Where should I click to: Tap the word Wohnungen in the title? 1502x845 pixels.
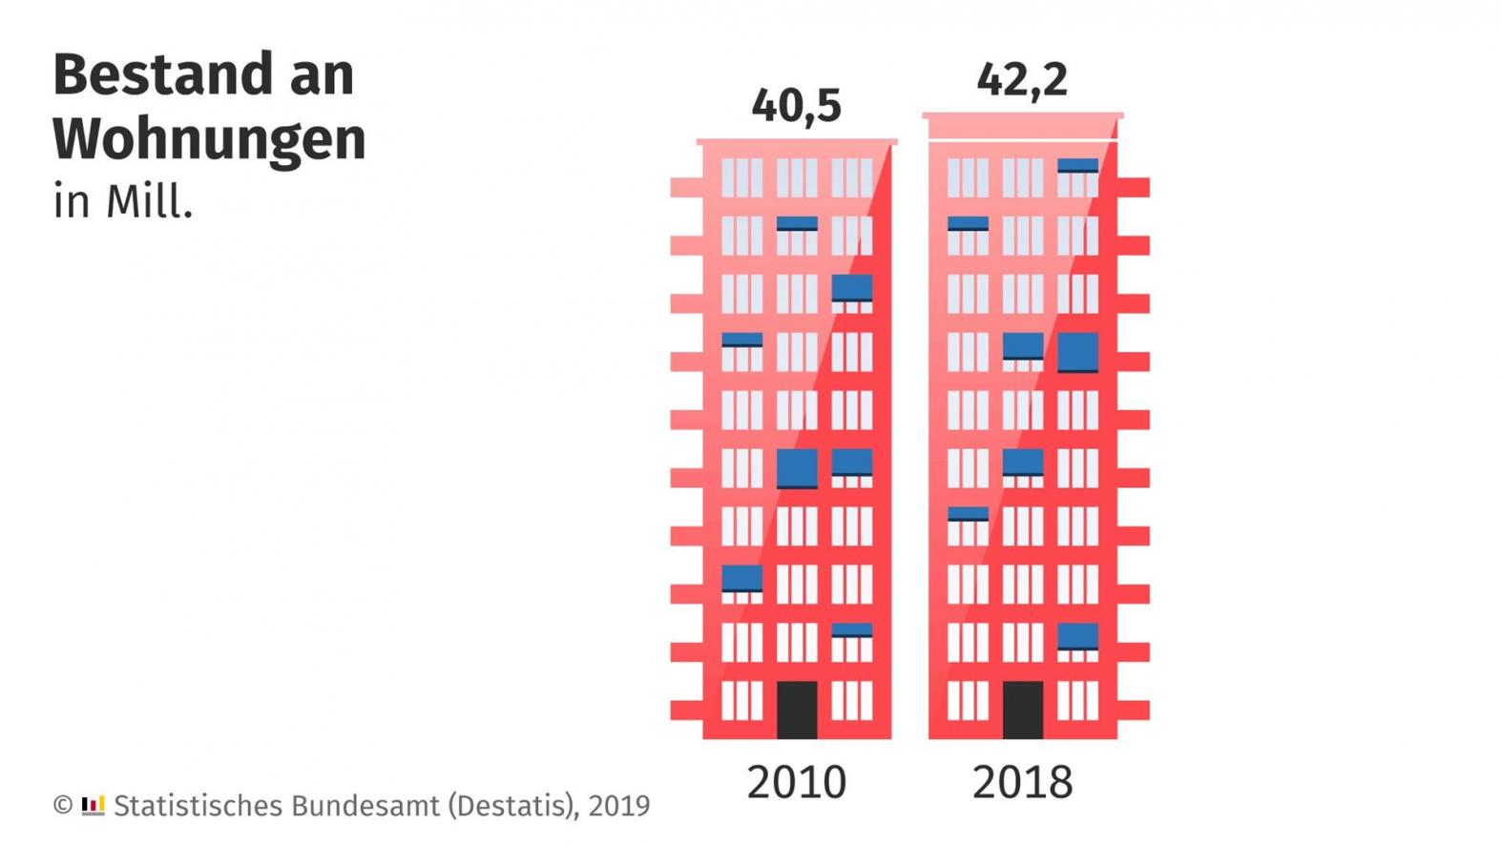209,139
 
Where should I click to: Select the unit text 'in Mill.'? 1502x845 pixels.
123,202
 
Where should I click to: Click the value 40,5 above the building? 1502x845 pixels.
796,105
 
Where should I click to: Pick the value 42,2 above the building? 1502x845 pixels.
1022,79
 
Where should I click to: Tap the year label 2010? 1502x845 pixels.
796,782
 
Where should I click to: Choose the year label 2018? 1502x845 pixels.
1022,782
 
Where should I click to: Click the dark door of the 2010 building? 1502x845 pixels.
796,710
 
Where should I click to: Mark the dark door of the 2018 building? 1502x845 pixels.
1022,710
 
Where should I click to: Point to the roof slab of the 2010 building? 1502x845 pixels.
796,142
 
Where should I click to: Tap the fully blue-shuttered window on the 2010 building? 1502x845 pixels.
796,468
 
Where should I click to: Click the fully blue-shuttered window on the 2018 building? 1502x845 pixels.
1077,352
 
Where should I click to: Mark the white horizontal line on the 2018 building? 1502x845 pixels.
1022,140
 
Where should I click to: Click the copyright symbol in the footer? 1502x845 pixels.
63,805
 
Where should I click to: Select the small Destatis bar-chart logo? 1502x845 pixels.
93,805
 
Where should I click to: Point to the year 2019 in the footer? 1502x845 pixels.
618,806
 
